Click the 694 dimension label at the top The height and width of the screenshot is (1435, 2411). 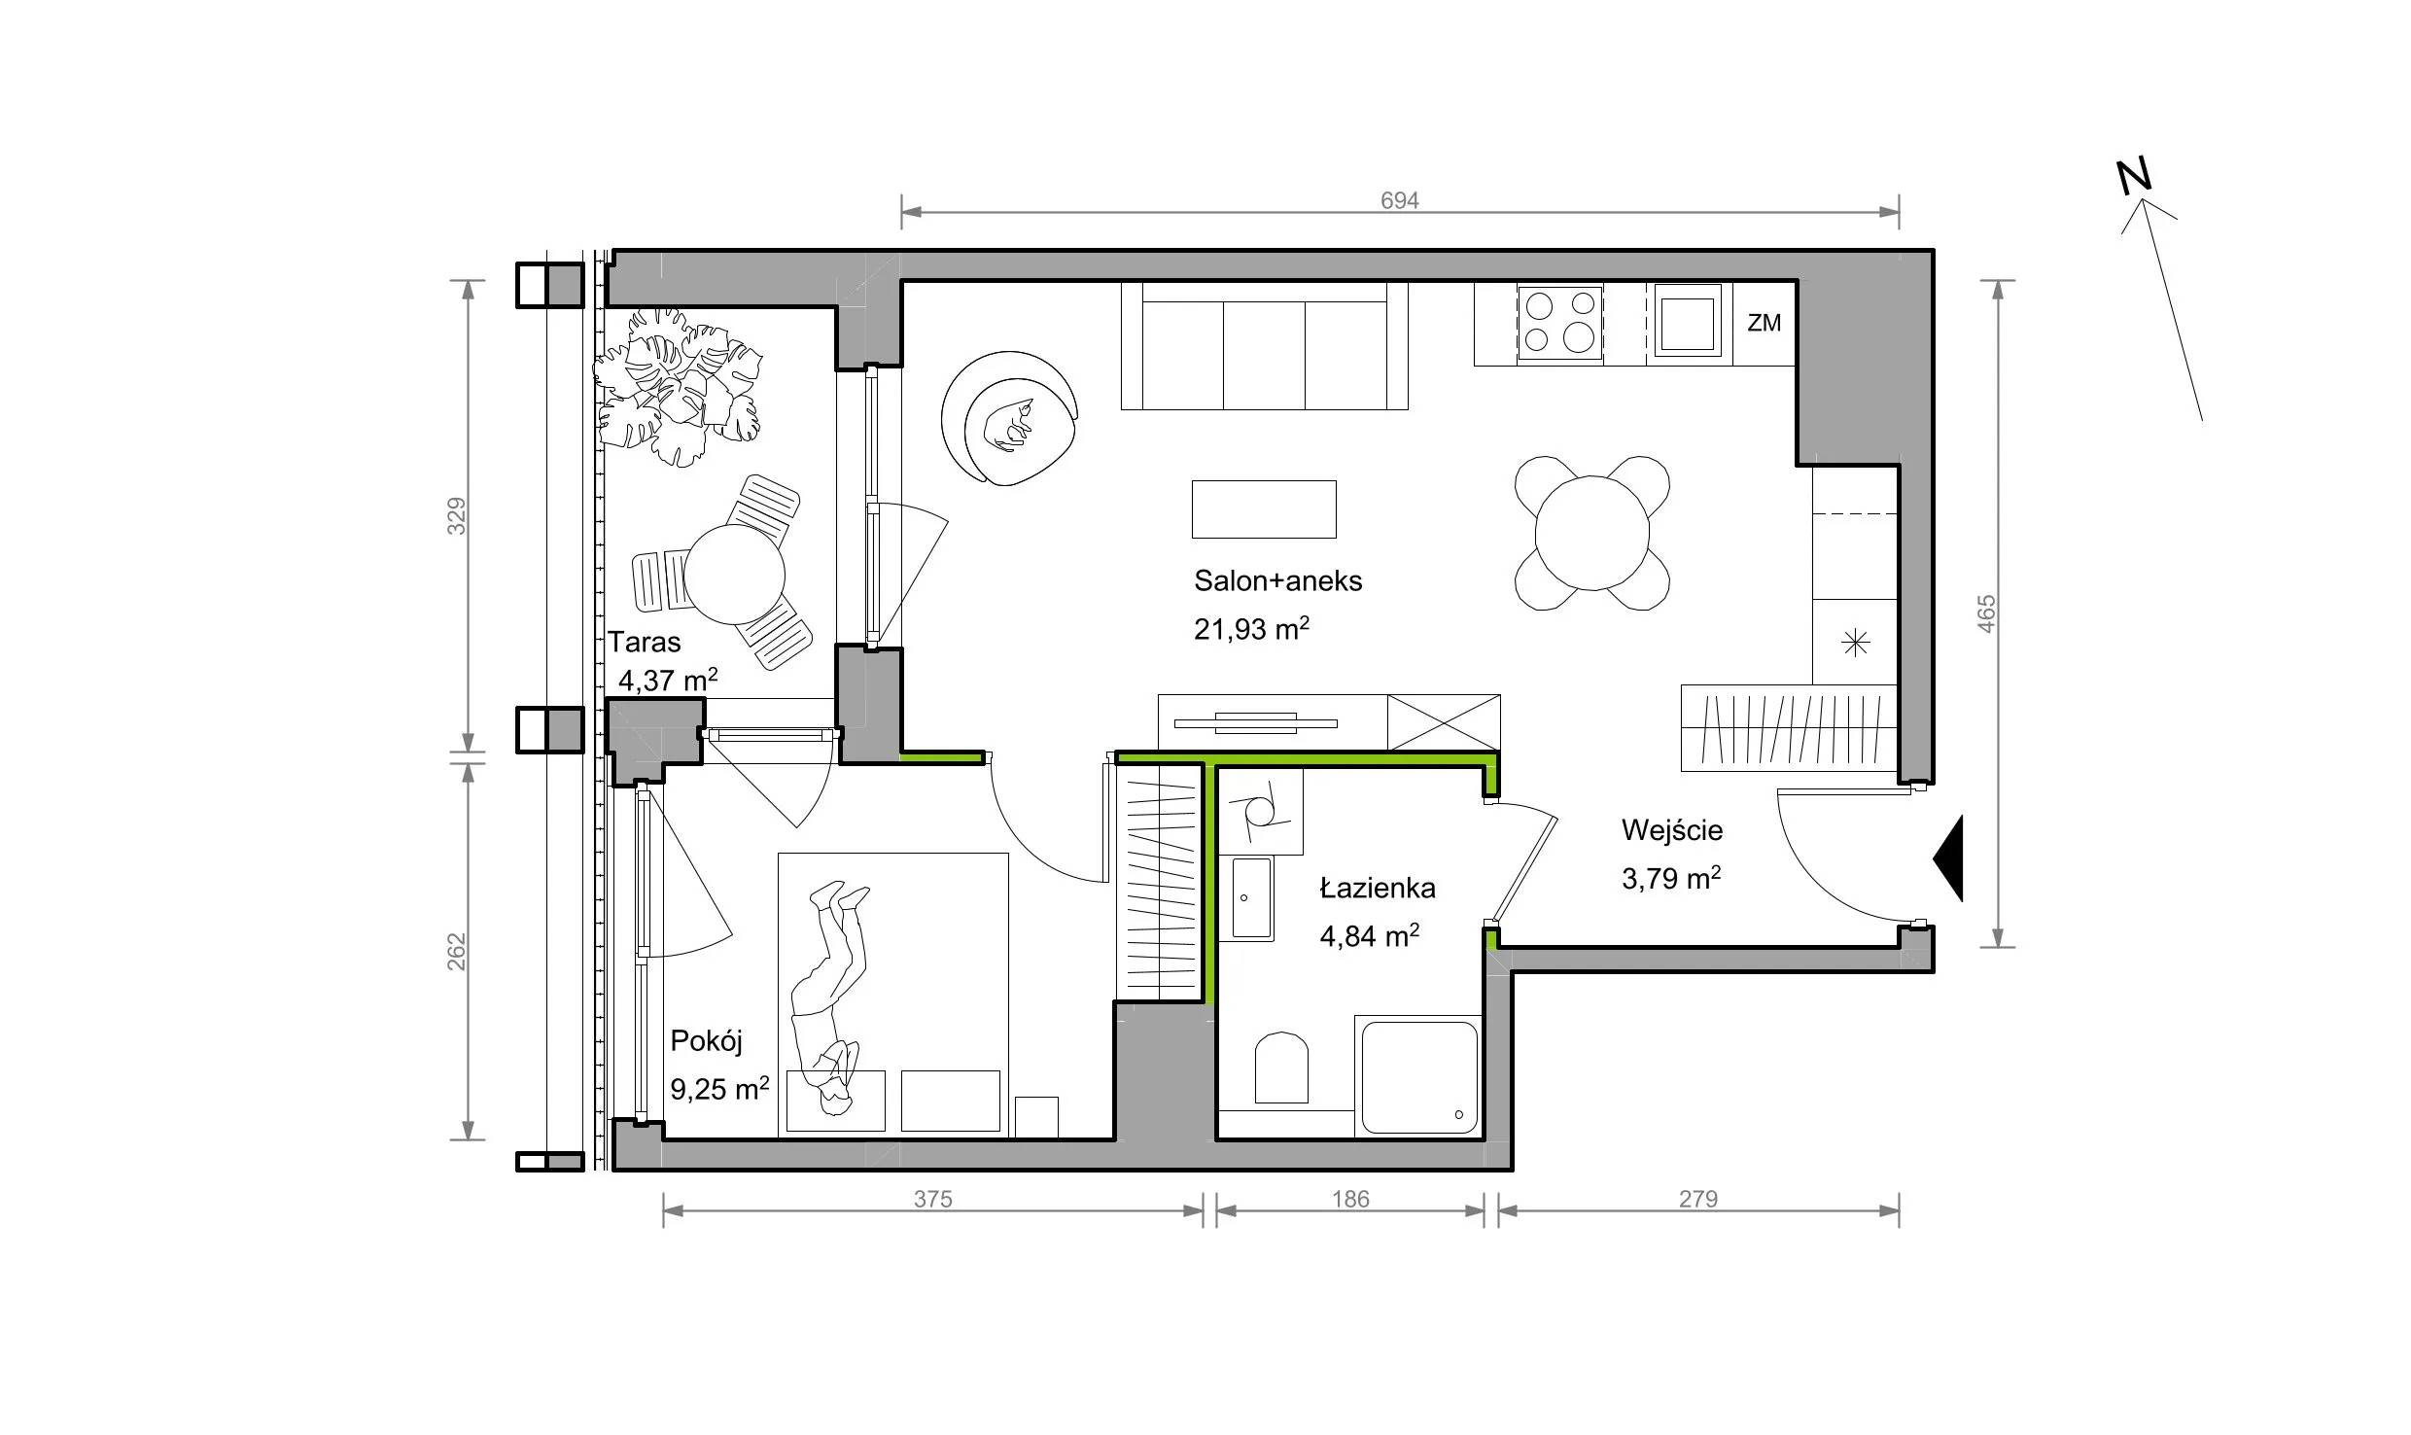(x=1399, y=200)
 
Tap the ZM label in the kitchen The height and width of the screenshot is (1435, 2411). (x=1764, y=323)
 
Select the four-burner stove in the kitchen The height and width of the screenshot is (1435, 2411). (x=1559, y=322)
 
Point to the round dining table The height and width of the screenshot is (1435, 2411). (x=1592, y=533)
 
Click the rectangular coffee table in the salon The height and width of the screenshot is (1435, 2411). (x=1264, y=508)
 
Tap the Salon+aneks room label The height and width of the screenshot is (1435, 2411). (x=1277, y=581)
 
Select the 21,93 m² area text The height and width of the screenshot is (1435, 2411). (x=1251, y=629)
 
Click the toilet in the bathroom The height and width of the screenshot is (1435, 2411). (x=1281, y=1067)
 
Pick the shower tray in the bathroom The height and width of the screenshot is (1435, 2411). (x=1417, y=1076)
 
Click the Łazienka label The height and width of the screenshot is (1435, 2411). (x=1377, y=888)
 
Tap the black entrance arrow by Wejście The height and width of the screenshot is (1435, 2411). (x=1948, y=858)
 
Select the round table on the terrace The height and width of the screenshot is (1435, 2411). (x=734, y=574)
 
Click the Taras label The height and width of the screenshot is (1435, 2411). (x=645, y=642)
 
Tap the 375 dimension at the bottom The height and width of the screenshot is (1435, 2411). (x=932, y=1200)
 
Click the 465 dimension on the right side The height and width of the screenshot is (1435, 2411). (x=1986, y=613)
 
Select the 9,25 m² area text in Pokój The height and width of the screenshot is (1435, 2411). (x=719, y=1088)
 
